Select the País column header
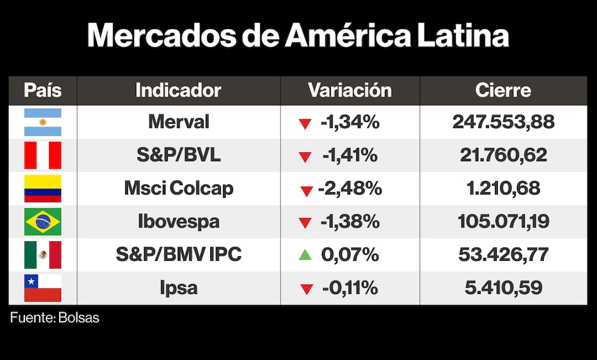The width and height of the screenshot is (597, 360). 42,90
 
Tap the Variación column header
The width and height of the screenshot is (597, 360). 350,90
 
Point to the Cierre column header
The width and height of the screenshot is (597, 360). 503,90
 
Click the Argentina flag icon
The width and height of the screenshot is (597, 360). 42,122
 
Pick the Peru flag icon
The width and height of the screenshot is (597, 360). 42,155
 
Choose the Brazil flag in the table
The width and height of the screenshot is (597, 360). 42,221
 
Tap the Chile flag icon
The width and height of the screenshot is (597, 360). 42,288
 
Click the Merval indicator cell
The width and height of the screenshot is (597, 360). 179,122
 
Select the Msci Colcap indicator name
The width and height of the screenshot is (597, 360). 179,189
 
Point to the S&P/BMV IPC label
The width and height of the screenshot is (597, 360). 179,255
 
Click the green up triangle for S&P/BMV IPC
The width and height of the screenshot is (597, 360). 305,255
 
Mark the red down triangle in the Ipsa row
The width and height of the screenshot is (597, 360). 306,290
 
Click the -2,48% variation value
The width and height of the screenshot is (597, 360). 350,189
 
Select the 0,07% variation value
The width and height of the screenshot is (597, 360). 350,255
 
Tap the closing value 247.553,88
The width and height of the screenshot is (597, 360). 503,122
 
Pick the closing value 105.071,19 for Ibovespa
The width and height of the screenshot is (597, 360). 503,221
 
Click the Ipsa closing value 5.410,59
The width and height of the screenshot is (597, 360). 503,288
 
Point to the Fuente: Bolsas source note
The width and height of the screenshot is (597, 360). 55,318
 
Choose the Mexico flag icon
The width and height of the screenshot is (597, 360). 42,255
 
